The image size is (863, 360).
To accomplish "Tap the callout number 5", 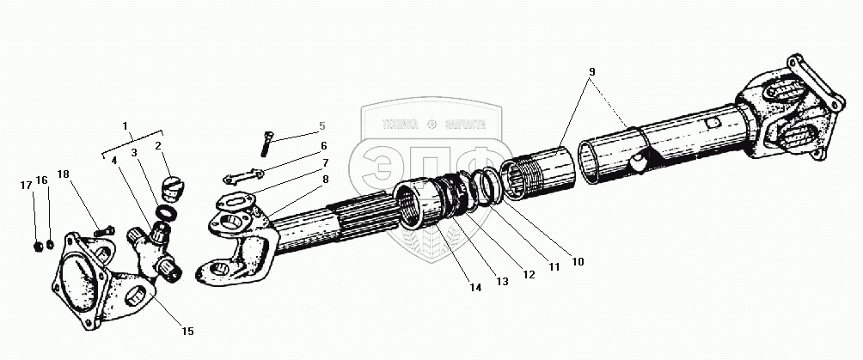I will (322, 125).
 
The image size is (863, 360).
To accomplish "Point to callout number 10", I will (578, 259).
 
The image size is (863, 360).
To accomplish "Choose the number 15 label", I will (188, 331).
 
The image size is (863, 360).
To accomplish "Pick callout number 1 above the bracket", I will (126, 125).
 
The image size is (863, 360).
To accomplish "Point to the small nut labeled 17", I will (37, 247).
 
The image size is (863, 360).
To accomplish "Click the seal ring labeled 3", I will (165, 212).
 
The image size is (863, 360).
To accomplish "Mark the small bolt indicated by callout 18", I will (106, 230).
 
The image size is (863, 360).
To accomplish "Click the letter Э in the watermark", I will (385, 175).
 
